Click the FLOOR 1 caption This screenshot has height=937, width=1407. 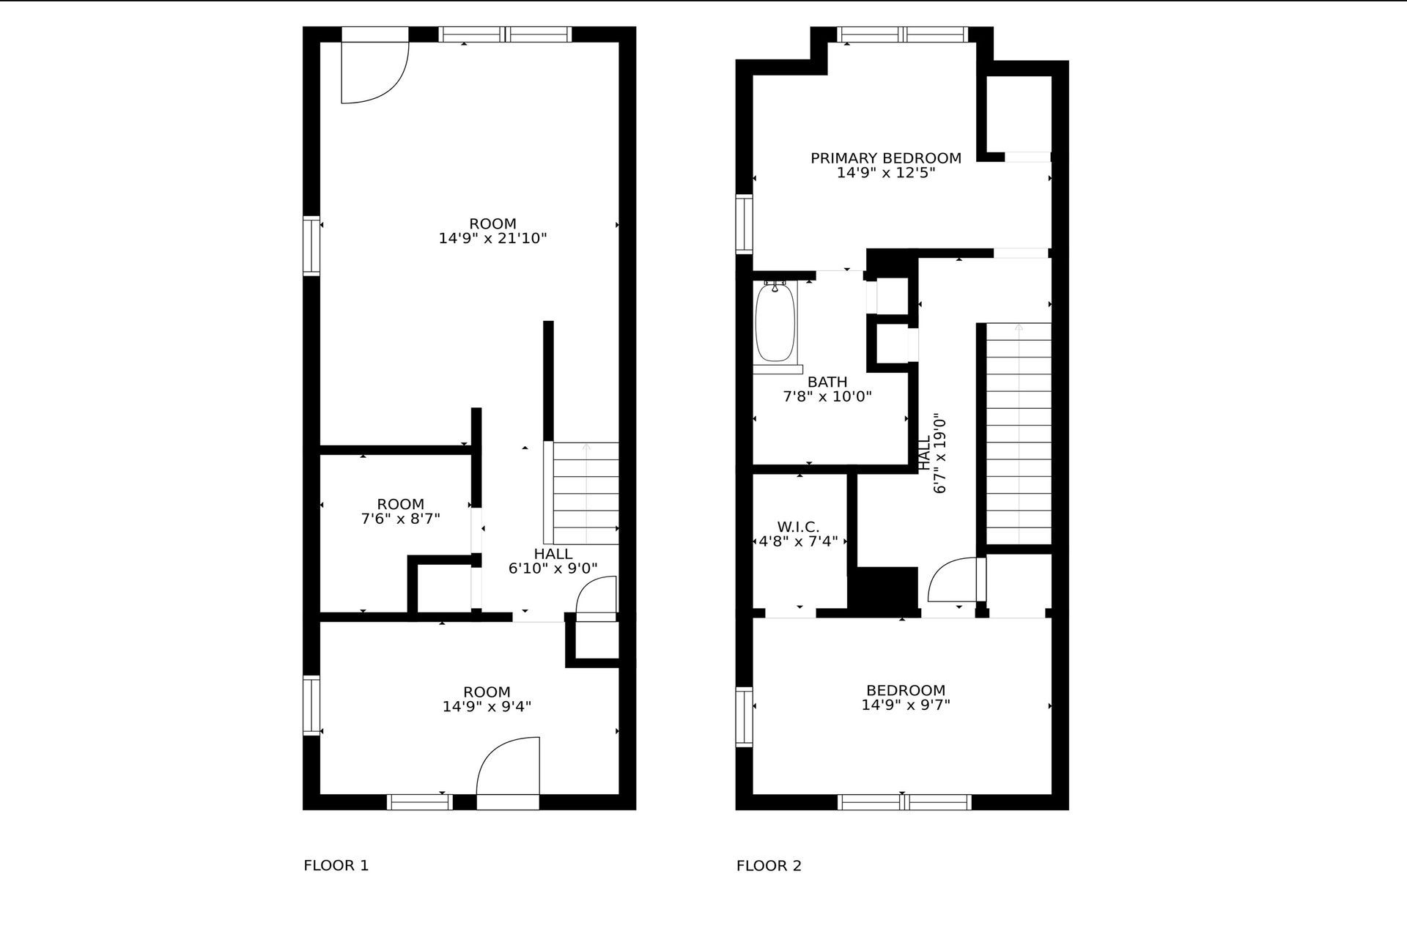(336, 865)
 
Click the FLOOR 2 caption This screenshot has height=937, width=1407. (769, 865)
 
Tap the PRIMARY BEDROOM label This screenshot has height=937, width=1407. (885, 158)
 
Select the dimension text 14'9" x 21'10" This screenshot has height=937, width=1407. (492, 238)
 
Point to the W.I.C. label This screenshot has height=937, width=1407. (798, 527)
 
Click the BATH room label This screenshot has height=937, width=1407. (827, 382)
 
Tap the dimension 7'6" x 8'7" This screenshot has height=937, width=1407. (400, 519)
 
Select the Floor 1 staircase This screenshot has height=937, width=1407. (584, 493)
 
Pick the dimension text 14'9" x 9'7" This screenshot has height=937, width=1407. (906, 705)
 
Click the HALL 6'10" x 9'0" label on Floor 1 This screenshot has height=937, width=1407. (553, 561)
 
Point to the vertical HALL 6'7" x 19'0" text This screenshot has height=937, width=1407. (932, 454)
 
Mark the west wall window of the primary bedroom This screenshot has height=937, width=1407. (744, 224)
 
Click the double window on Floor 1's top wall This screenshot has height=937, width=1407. (505, 34)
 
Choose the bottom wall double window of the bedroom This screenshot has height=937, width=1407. (904, 802)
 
